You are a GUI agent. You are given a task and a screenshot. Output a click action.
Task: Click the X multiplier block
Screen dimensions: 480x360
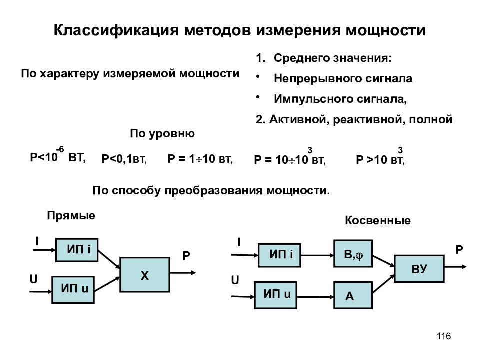pos(145,275)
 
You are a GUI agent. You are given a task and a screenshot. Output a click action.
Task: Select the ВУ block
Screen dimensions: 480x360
pos(419,268)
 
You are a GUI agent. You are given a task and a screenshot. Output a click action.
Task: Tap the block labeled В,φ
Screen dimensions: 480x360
pos(353,254)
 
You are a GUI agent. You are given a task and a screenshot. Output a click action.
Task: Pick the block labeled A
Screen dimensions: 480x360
pos(353,295)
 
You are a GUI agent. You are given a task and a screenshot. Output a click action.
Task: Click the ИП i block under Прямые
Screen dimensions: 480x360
pos(77,250)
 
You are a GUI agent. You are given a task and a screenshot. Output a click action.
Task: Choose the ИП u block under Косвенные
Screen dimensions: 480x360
pos(276,295)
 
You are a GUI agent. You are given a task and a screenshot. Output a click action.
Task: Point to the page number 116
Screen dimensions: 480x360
pos(444,336)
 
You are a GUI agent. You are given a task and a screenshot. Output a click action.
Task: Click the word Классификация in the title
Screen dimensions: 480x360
pos(116,30)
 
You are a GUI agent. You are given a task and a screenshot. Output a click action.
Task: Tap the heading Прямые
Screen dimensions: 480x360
pos(71,216)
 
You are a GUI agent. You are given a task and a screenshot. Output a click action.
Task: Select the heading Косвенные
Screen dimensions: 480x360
pos(378,220)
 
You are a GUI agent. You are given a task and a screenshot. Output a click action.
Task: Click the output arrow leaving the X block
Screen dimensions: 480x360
pos(183,273)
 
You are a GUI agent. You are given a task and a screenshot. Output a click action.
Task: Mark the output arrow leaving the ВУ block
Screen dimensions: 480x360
pos(455,267)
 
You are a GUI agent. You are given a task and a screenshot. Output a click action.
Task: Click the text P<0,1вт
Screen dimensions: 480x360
pos(124,159)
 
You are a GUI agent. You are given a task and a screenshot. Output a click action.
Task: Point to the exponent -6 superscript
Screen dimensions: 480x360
pos(60,149)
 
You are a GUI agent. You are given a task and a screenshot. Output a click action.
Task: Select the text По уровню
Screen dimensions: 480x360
pos(162,134)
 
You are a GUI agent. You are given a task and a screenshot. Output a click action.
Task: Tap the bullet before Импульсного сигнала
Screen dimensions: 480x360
pos(258,96)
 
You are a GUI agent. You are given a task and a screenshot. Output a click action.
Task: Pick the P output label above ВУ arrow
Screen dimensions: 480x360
pos(459,250)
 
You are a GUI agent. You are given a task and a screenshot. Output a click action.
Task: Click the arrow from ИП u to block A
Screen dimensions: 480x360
pos(315,297)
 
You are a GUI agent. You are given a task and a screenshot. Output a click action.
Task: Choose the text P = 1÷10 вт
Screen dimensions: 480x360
pos(200,159)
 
